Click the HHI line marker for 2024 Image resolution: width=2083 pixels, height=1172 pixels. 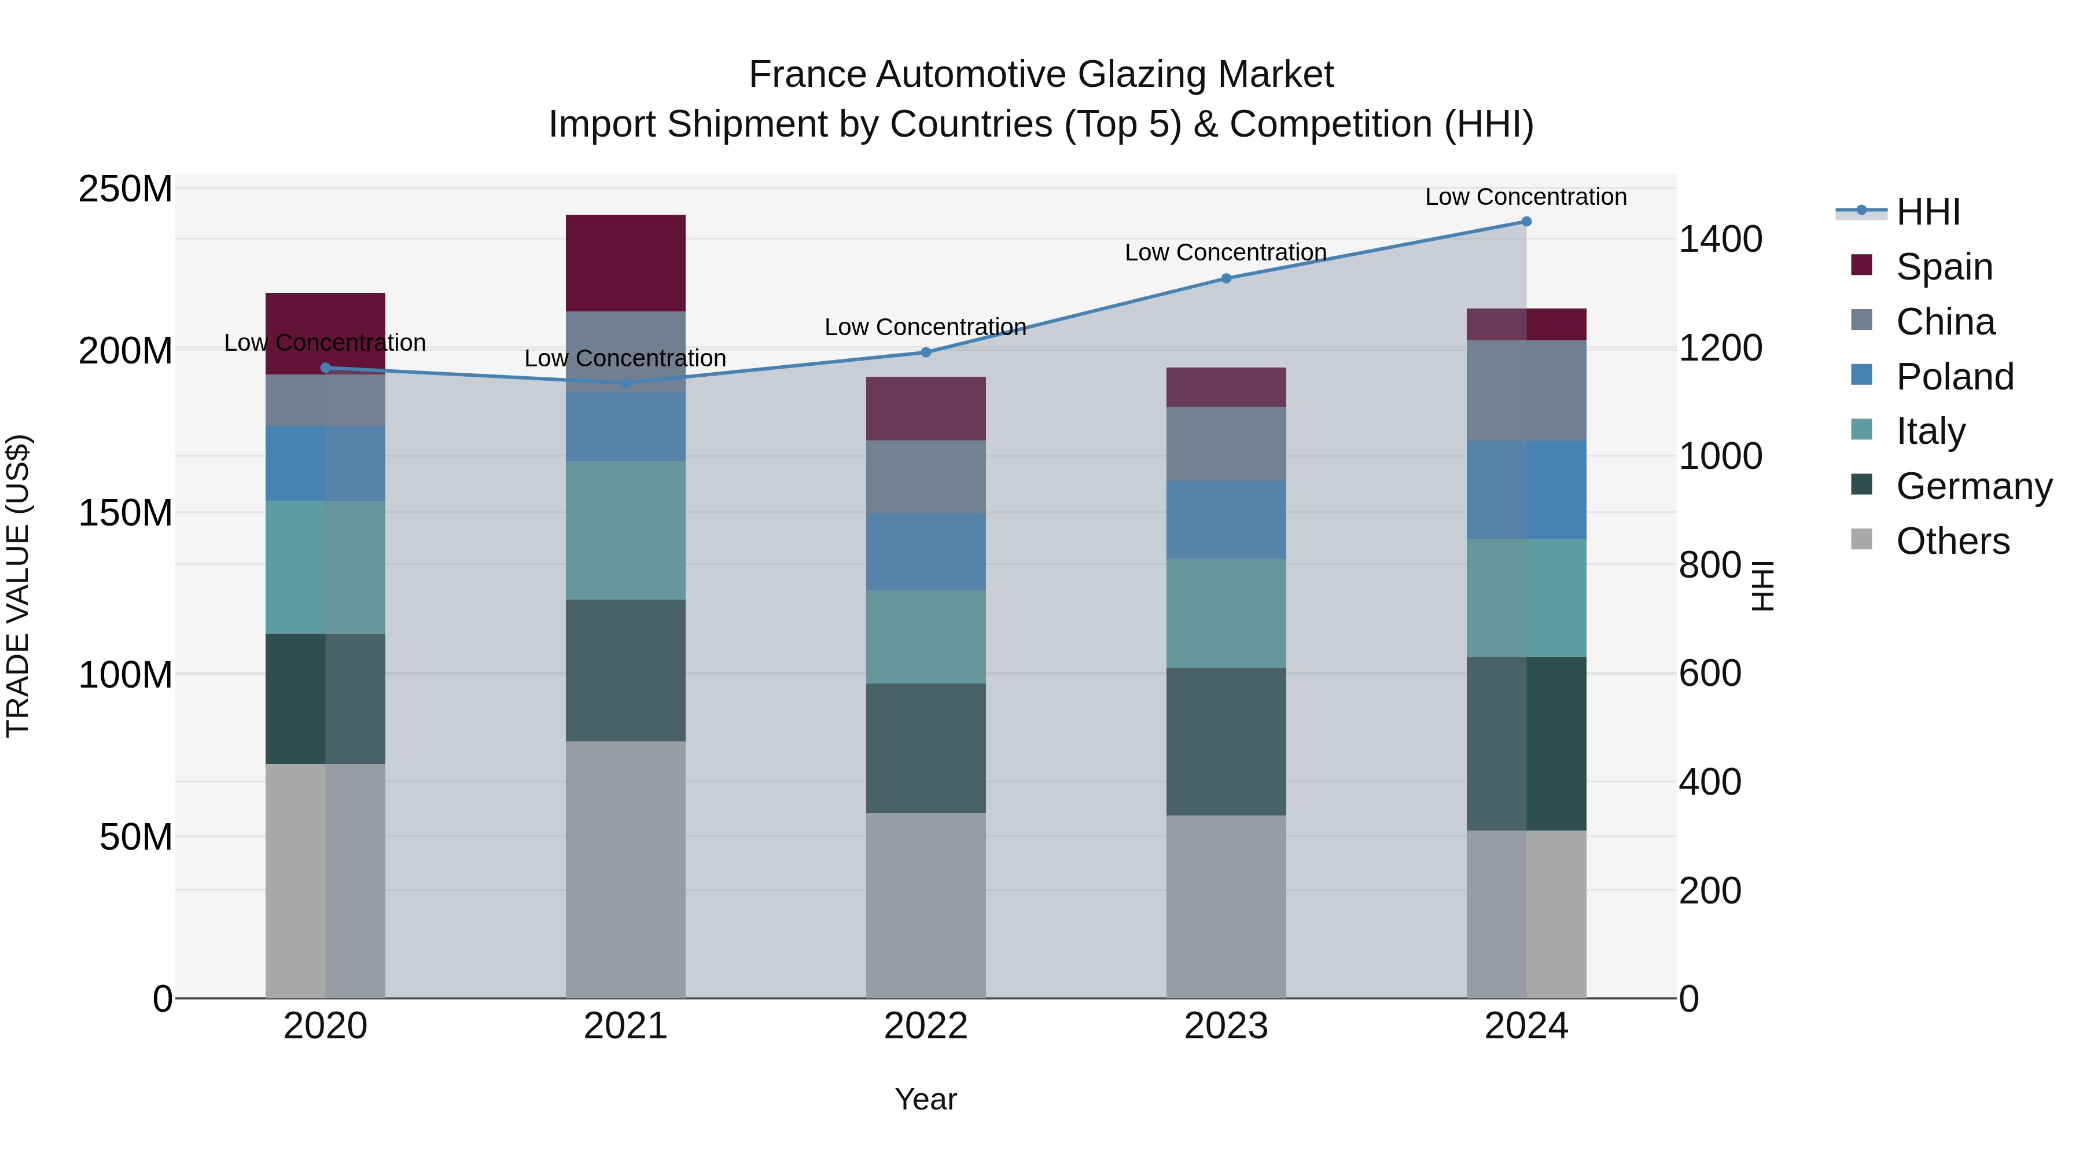coord(1526,222)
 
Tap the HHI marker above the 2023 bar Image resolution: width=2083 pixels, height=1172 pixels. coord(1226,278)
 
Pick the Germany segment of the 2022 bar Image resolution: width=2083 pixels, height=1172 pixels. coord(926,748)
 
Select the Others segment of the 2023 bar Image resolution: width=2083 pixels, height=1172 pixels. coord(1226,906)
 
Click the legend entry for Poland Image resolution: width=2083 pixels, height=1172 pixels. coord(1955,377)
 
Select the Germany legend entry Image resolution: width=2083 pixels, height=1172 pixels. coord(1973,486)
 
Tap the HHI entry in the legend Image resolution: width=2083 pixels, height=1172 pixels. coord(1928,212)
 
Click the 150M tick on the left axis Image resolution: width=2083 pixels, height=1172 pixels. coord(126,513)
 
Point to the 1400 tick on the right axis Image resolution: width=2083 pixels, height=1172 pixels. coord(1720,240)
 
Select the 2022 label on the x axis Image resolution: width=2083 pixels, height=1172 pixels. coord(926,1026)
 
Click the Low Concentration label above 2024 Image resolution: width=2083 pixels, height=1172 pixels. coord(1525,197)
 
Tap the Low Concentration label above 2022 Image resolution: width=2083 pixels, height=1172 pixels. coord(925,327)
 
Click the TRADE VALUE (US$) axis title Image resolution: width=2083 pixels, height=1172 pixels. coord(18,586)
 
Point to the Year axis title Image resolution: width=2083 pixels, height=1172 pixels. coord(926,1099)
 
